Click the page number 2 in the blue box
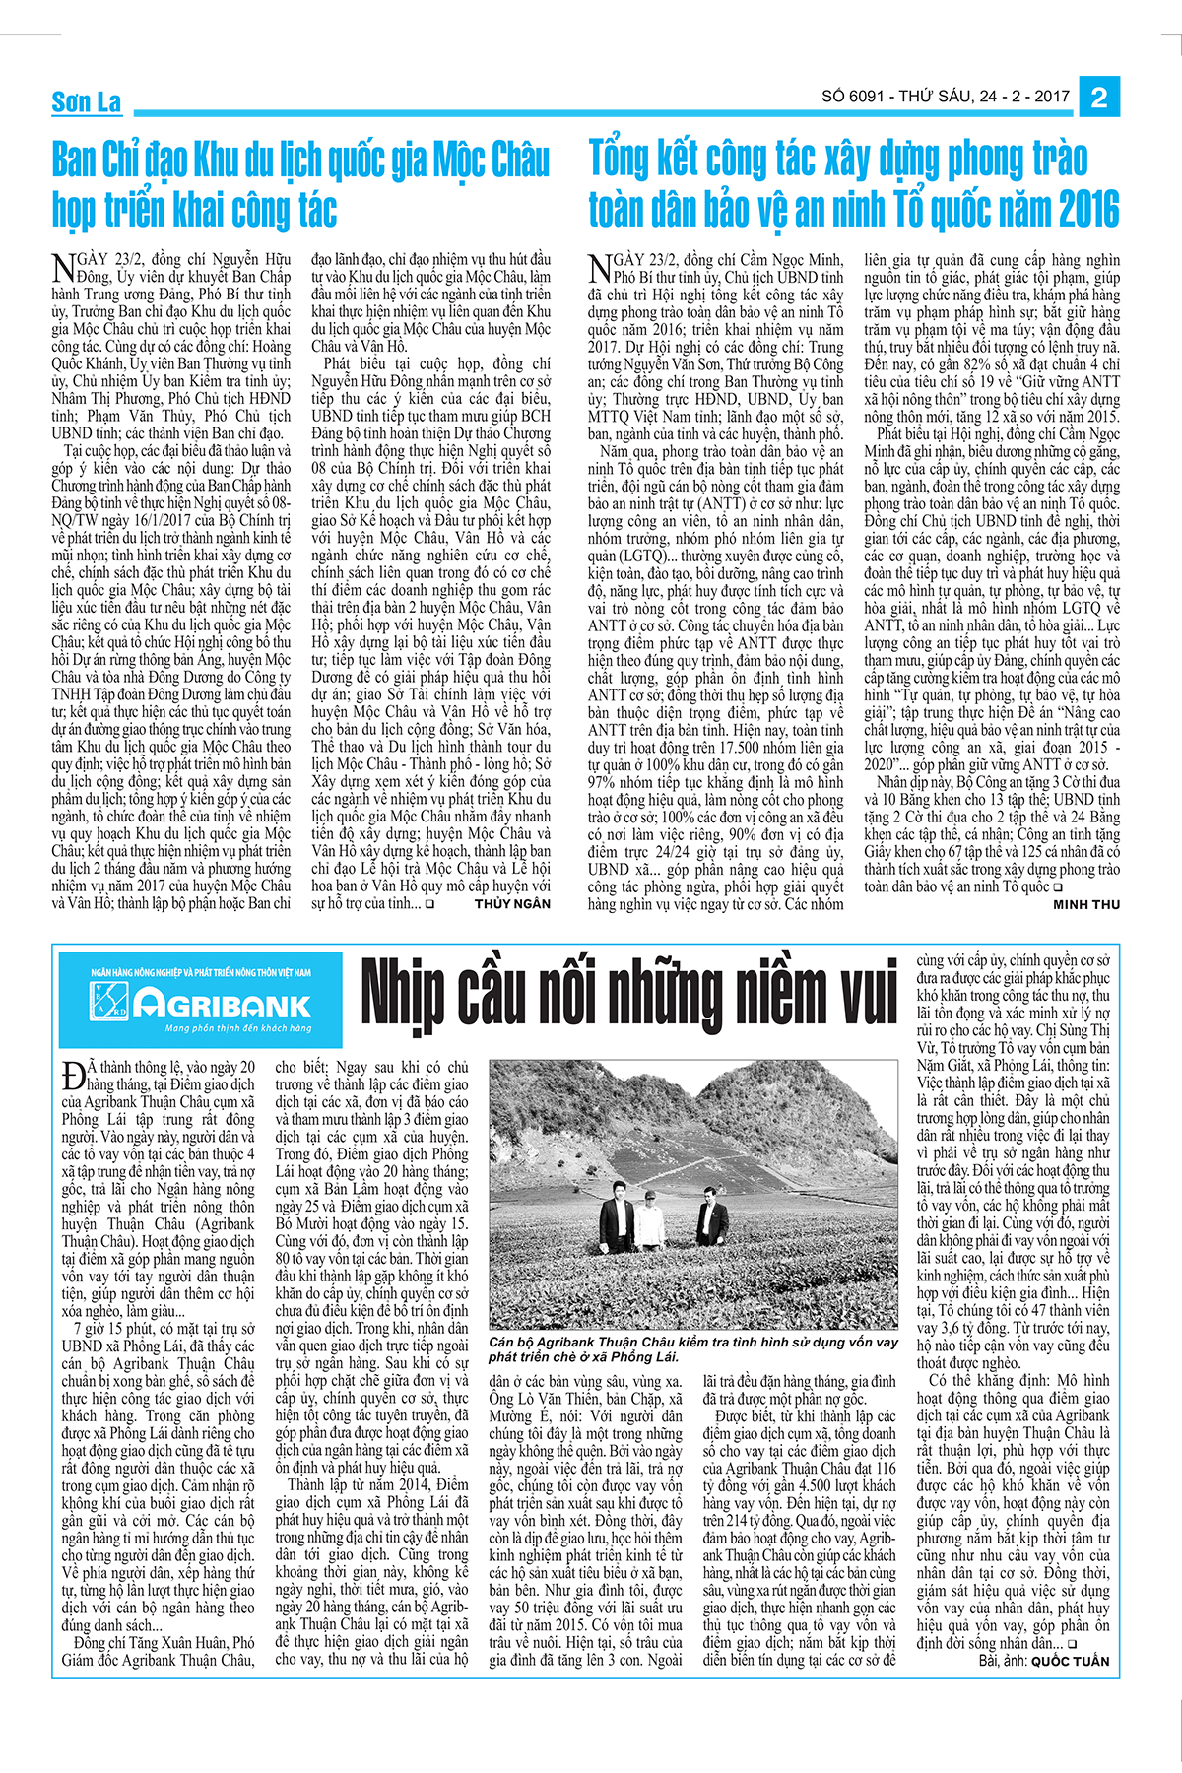coord(1100,97)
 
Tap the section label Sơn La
coord(87,101)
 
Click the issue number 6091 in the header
coord(869,97)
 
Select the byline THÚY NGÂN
coord(512,903)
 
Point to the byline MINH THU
coord(1086,904)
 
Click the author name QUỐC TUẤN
coord(1070,1661)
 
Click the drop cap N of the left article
coord(62,267)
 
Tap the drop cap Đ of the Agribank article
coord(72,1073)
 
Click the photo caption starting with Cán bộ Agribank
coord(693,1348)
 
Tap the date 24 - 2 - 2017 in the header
coord(1024,97)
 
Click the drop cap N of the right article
coord(600,267)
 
